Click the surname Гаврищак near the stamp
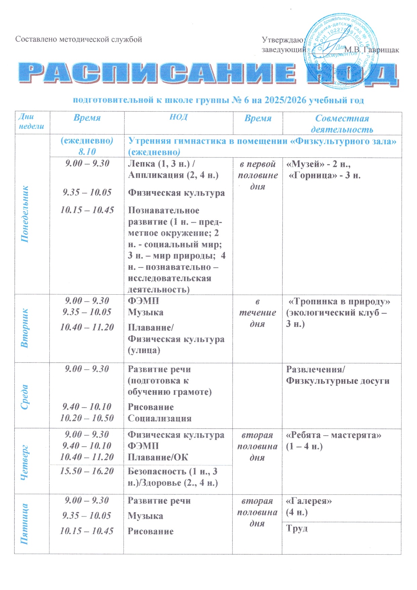(x=380, y=50)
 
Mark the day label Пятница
(x=24, y=523)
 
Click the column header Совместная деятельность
(x=342, y=123)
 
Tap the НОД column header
(x=178, y=117)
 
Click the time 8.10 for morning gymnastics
(x=87, y=152)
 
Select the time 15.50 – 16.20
(x=87, y=471)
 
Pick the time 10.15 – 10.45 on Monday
(x=87, y=210)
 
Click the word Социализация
(x=159, y=418)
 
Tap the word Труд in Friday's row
(x=297, y=528)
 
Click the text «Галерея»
(x=309, y=501)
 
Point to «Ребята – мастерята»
(x=334, y=435)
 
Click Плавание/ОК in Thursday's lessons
(x=158, y=457)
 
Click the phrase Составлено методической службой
(x=79, y=39)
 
